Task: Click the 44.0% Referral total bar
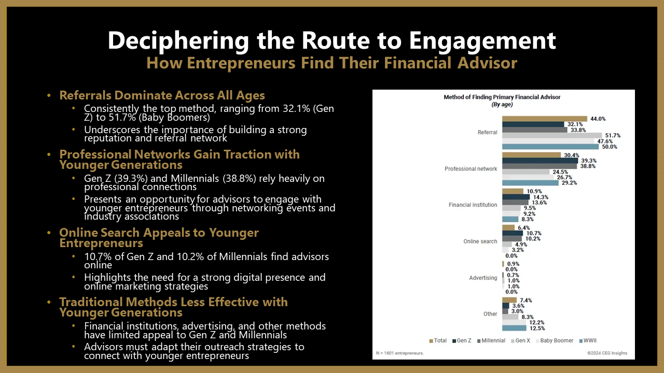click(545, 119)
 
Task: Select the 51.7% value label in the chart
click(613, 135)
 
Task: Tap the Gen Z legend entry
click(462, 340)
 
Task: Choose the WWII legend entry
click(588, 340)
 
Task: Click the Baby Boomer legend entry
click(555, 340)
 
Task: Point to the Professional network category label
click(471, 169)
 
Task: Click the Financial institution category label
click(473, 205)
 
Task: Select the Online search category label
click(480, 241)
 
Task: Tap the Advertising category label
click(483, 278)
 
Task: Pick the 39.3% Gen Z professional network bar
click(540, 161)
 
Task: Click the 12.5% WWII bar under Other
click(514, 328)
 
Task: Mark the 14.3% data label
click(541, 197)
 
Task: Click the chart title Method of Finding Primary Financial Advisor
click(502, 97)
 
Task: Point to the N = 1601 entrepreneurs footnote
click(399, 353)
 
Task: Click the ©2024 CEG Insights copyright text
click(607, 353)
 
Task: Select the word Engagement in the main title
click(482, 41)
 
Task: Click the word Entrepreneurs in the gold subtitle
click(241, 63)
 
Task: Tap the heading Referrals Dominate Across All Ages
click(162, 96)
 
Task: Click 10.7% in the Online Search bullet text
click(98, 256)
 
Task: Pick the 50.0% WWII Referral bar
click(550, 147)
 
